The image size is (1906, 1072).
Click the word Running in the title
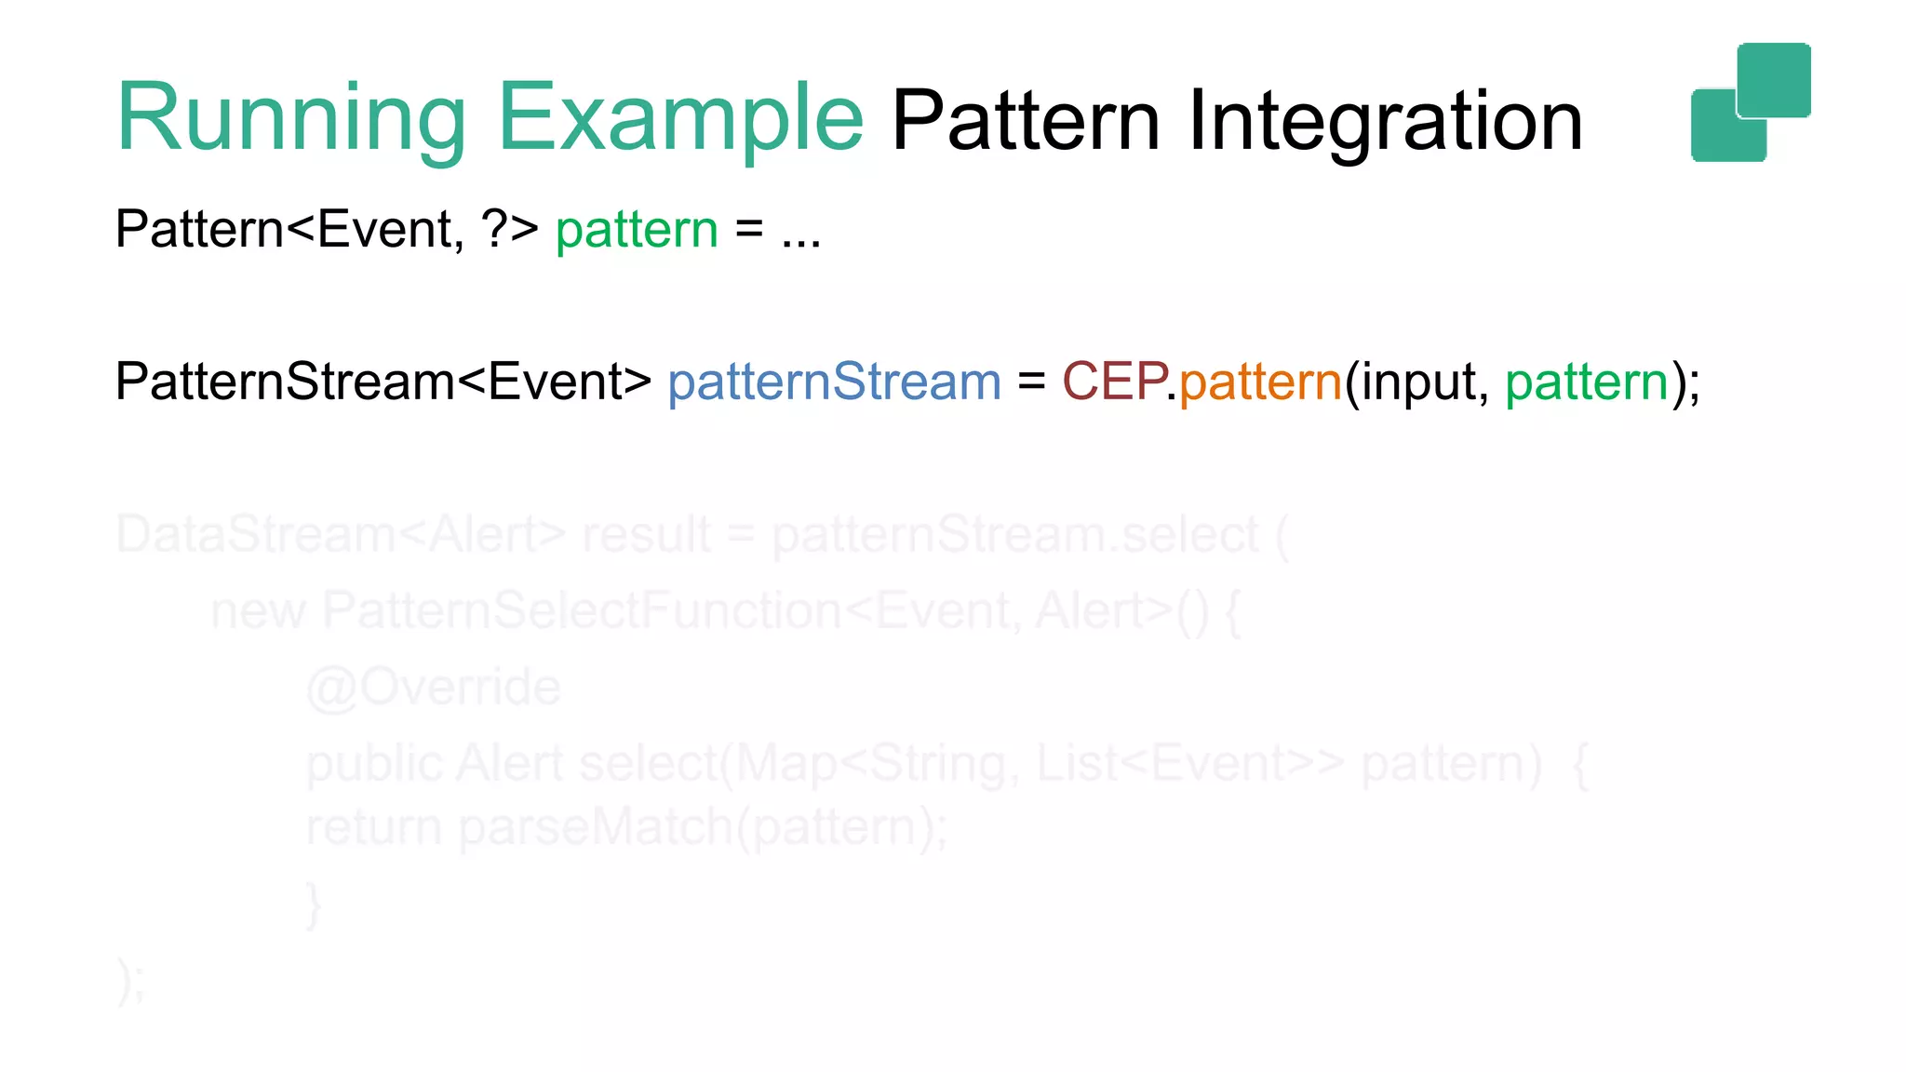290,118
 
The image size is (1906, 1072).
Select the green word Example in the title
680,118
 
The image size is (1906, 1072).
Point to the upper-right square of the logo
1774,79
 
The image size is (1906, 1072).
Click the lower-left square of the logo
1722,131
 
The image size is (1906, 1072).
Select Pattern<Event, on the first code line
289,229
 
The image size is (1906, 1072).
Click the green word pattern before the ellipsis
637,229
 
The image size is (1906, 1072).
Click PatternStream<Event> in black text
383,382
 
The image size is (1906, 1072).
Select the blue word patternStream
834,382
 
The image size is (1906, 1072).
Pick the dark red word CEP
1114,382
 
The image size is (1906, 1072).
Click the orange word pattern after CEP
1260,382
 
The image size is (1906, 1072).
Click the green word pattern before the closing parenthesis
1586,382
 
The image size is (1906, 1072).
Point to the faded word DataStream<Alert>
340,535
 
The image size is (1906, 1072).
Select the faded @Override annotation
434,688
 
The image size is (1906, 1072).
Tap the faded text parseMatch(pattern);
703,827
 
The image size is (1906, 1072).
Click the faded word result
647,535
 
